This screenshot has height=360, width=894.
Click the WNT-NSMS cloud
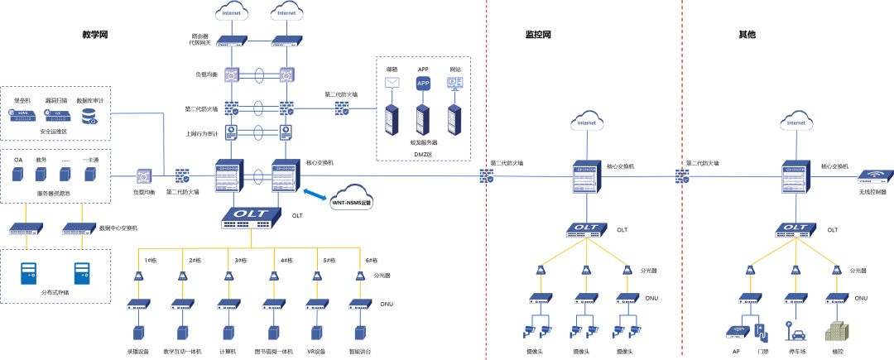[x=352, y=199]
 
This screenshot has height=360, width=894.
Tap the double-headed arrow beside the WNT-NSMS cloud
[x=314, y=194]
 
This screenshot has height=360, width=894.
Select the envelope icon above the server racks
[x=392, y=83]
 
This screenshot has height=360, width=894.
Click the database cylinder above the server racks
[x=423, y=83]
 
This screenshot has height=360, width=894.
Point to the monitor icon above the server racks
[x=454, y=83]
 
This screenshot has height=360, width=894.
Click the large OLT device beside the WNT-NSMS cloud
[x=251, y=216]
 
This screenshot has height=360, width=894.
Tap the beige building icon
[x=838, y=331]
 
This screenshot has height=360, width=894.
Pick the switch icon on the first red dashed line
[x=487, y=175]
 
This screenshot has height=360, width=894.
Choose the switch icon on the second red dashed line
[x=683, y=175]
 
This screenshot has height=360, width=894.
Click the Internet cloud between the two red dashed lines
[x=587, y=121]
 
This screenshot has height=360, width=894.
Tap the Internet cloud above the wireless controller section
[x=795, y=121]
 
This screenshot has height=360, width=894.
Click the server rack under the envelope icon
[x=392, y=119]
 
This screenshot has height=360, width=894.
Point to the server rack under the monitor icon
[x=454, y=119]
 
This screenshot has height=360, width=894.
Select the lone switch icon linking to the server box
[x=342, y=108]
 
